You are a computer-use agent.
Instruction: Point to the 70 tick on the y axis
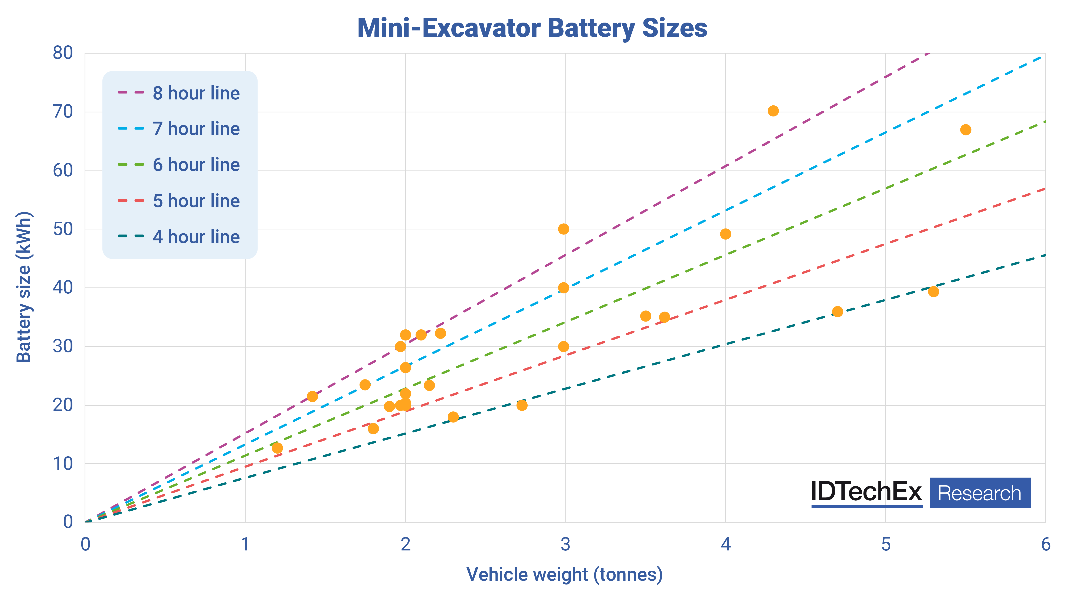63,112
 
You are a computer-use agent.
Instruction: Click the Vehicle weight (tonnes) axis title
564,575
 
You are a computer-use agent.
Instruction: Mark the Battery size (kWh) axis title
24,287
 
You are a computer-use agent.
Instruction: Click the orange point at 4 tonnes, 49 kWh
725,234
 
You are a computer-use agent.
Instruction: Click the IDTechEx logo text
866,492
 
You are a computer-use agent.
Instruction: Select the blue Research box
980,493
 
